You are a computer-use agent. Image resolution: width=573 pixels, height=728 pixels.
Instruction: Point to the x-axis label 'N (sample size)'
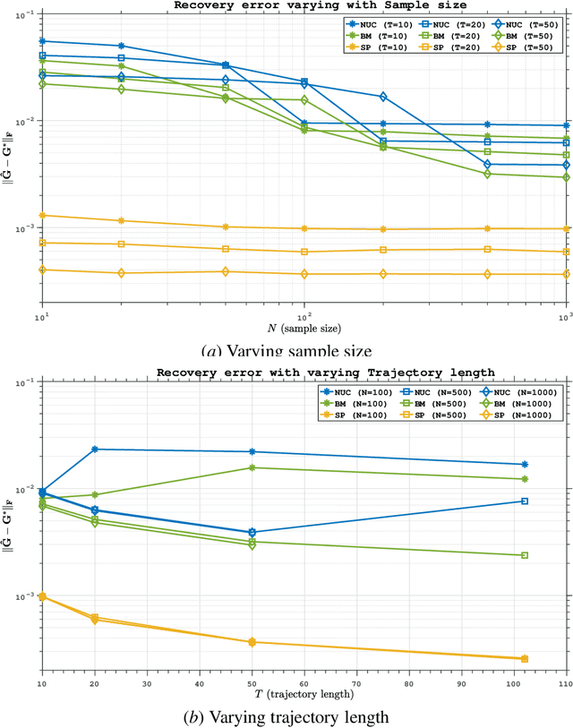[x=304, y=329]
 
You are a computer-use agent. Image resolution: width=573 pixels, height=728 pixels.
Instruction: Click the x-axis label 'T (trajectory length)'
[x=304, y=694]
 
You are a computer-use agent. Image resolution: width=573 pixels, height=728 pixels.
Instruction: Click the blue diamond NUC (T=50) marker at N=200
[x=383, y=97]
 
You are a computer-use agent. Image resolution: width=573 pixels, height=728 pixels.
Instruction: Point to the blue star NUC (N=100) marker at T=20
[x=94, y=449]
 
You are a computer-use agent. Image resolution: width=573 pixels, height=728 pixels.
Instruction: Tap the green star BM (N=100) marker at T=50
[x=252, y=467]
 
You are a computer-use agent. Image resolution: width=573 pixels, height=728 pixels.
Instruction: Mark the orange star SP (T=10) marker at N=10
[x=42, y=215]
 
